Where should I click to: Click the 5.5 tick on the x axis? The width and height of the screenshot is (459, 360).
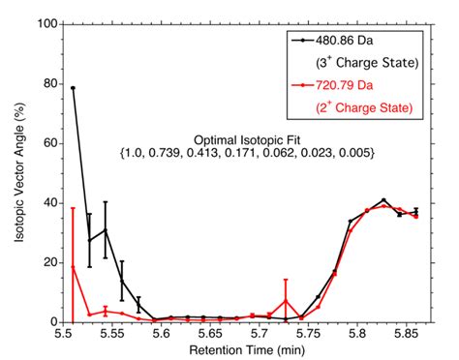64,332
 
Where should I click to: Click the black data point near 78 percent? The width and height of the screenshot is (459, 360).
73,88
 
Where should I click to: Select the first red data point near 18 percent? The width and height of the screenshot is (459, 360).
73,267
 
